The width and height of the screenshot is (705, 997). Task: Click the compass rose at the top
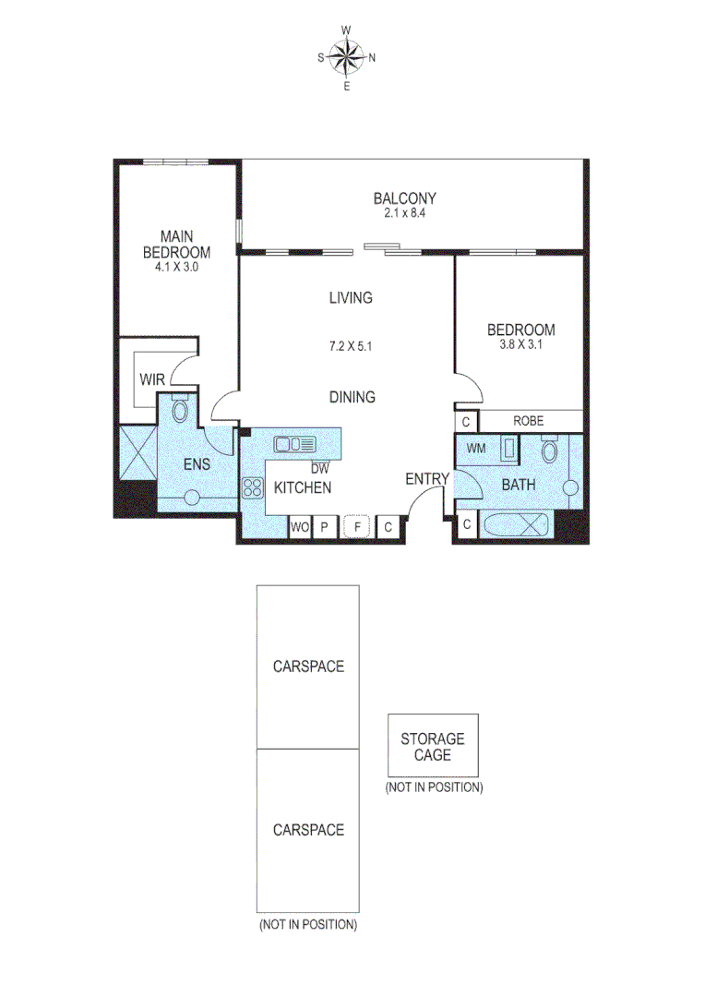(x=347, y=58)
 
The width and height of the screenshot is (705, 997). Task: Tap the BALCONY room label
(x=404, y=198)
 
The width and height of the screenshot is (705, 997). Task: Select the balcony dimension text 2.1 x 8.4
(x=404, y=213)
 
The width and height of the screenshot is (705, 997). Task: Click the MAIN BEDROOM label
(x=175, y=244)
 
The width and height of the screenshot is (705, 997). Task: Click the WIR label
(x=152, y=379)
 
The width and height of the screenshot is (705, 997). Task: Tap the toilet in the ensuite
(x=181, y=409)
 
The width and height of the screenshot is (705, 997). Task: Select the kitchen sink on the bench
(x=294, y=445)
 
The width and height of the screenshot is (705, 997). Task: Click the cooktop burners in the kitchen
(x=253, y=488)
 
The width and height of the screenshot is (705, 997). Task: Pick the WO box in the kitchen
(x=300, y=527)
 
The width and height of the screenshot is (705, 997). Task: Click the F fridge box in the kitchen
(x=357, y=527)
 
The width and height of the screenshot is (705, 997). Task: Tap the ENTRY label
(x=427, y=479)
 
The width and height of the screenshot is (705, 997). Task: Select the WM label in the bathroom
(x=476, y=449)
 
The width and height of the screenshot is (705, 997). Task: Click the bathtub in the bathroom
(x=518, y=526)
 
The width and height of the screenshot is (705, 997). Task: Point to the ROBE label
(x=529, y=421)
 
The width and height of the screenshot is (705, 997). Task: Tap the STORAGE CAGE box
(x=433, y=746)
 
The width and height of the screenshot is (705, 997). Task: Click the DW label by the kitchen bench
(x=319, y=468)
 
